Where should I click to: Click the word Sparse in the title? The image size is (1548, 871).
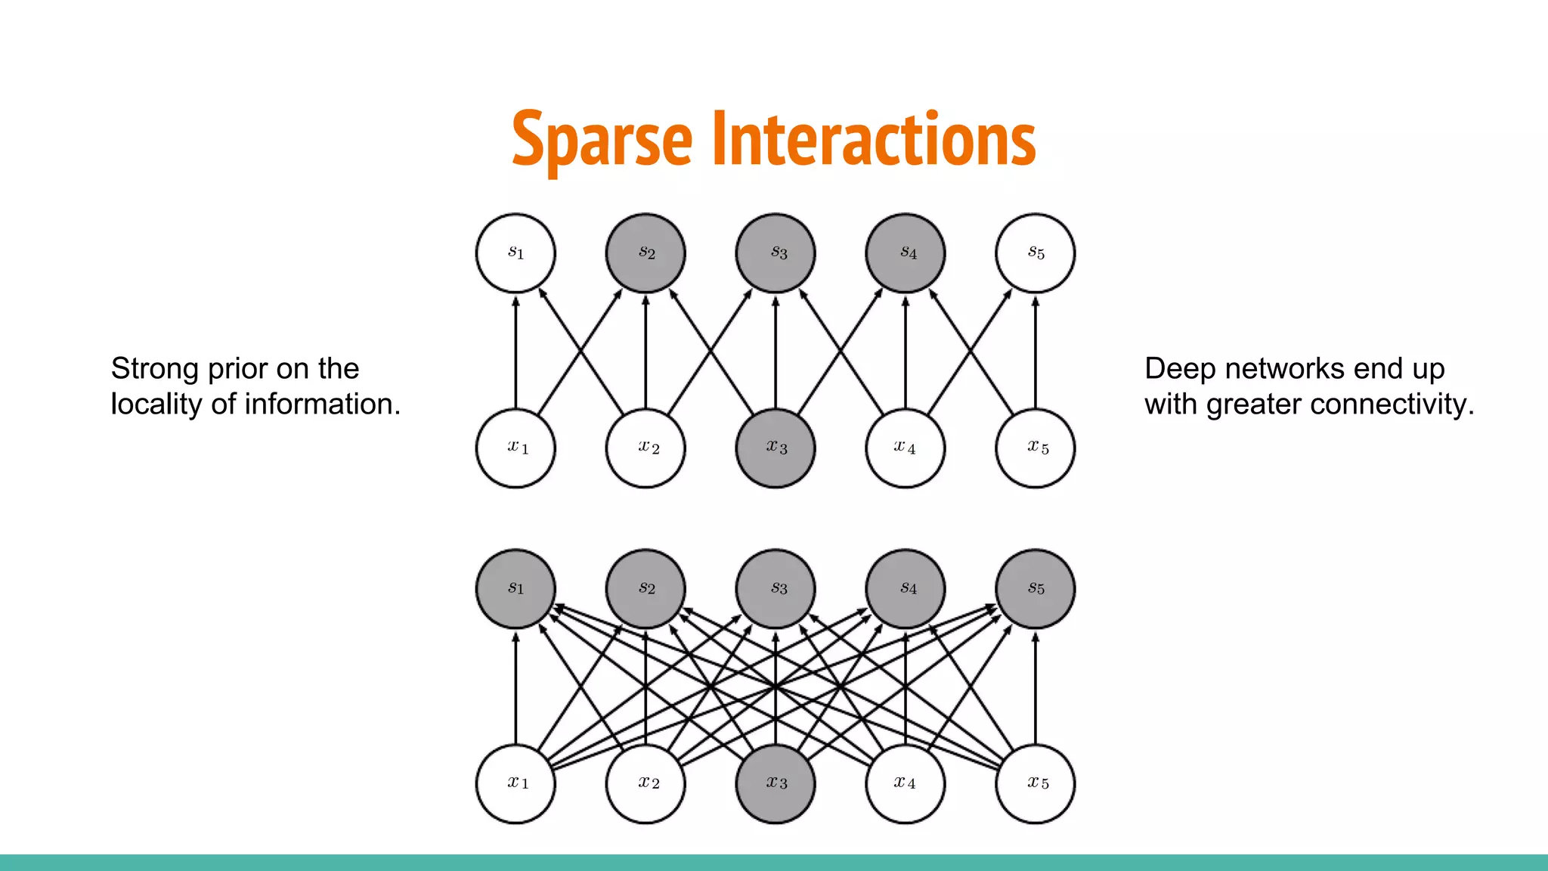pyautogui.click(x=602, y=140)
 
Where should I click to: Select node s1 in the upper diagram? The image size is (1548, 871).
pyautogui.click(x=515, y=253)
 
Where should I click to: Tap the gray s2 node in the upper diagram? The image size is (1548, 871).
pyautogui.click(x=646, y=253)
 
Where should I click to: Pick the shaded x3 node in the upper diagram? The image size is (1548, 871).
pyautogui.click(x=776, y=448)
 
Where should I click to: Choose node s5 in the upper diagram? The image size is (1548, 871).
pyautogui.click(x=1036, y=253)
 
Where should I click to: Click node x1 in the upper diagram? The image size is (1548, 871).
pyautogui.click(x=515, y=448)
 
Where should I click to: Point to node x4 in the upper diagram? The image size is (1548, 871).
pyautogui.click(x=906, y=448)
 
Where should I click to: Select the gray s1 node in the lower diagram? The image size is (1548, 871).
pyautogui.click(x=515, y=588)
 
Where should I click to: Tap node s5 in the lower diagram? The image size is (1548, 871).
pyautogui.click(x=1036, y=588)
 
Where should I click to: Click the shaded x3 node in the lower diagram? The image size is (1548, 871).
pyautogui.click(x=776, y=783)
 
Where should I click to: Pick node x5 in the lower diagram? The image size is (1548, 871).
pyautogui.click(x=1036, y=783)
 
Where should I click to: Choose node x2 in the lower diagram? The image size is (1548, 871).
pyautogui.click(x=646, y=783)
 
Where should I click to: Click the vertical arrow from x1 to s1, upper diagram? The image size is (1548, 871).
pyautogui.click(x=515, y=352)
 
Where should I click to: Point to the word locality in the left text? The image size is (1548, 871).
pyautogui.click(x=156, y=405)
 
